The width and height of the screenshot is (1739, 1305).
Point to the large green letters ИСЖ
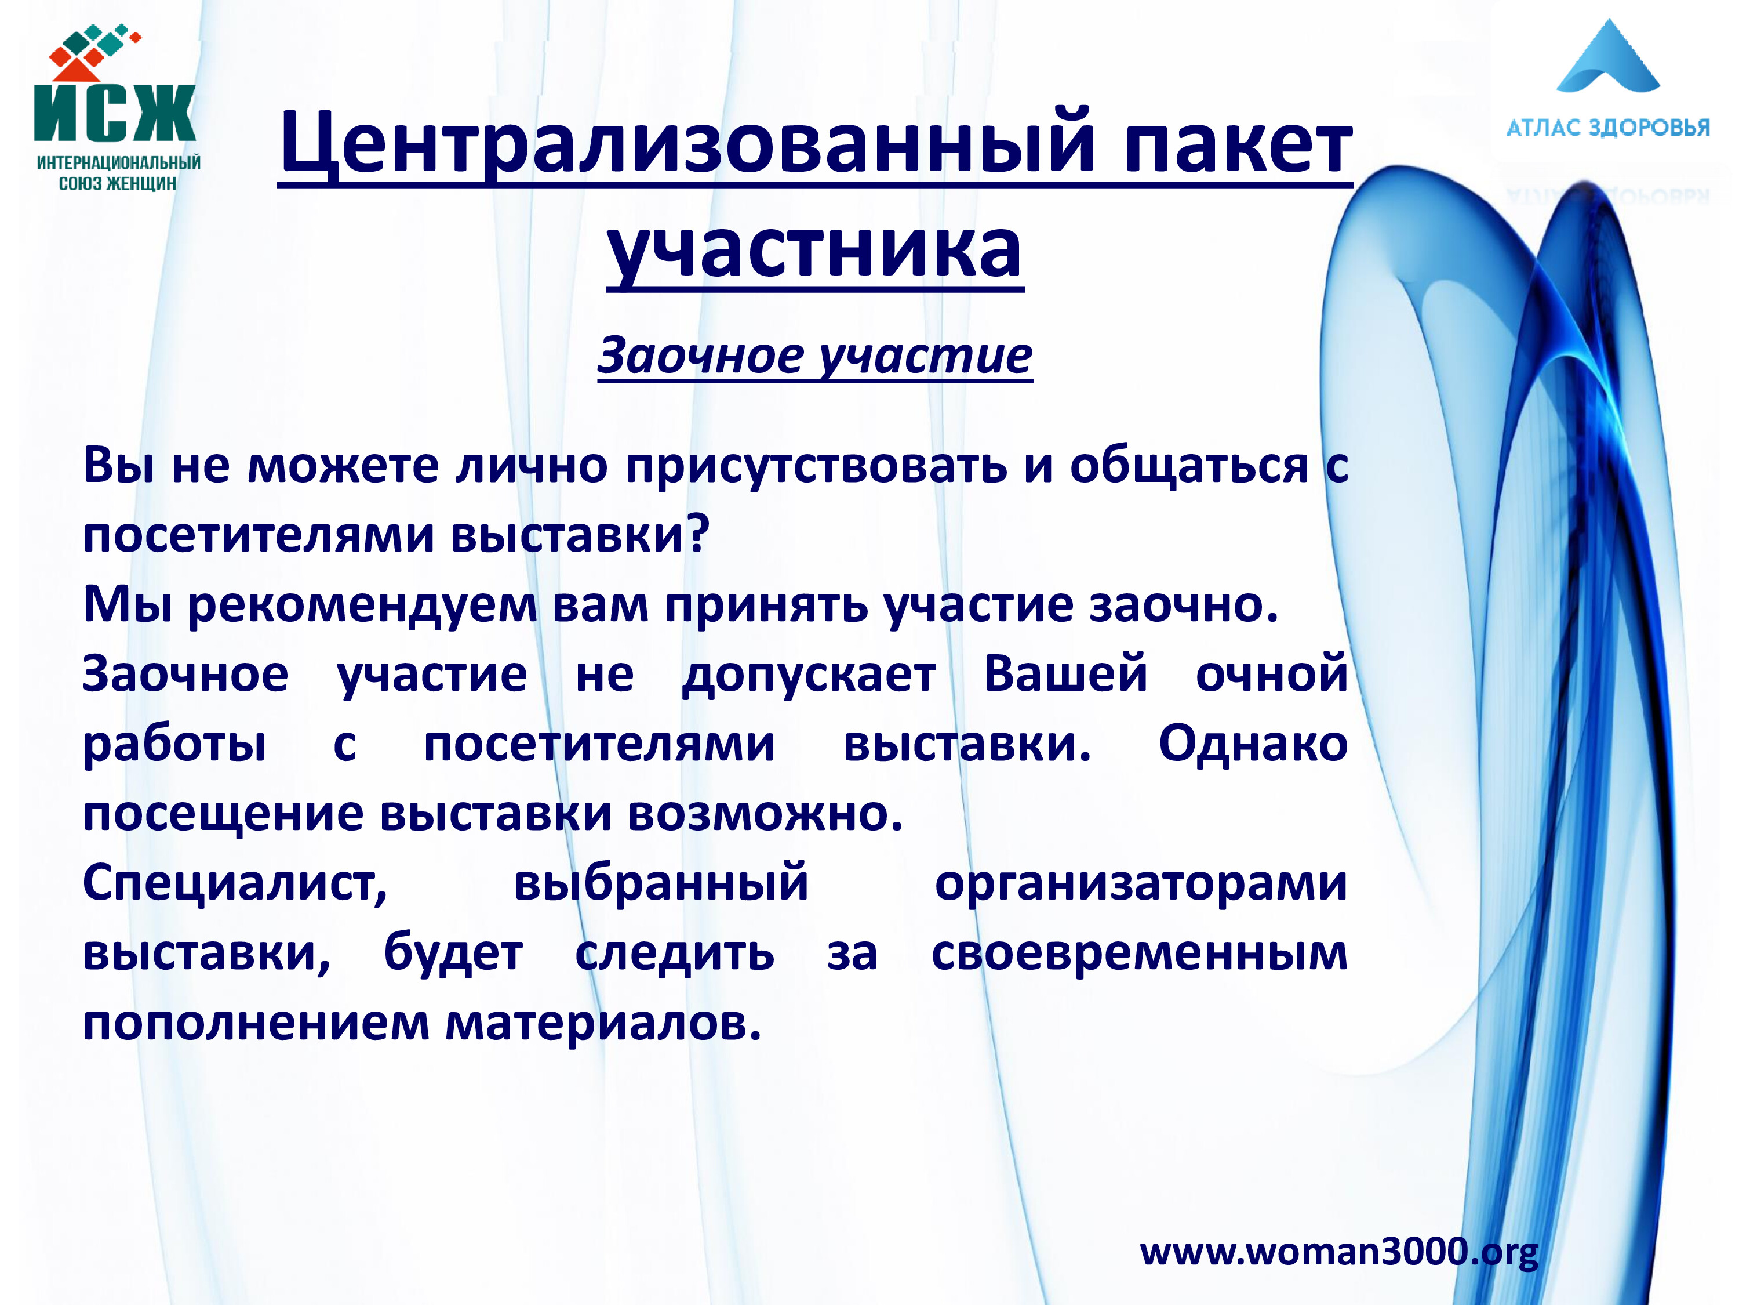tap(115, 113)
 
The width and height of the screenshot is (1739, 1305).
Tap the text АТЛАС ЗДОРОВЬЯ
tap(1608, 128)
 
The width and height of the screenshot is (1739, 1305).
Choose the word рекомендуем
tap(362, 606)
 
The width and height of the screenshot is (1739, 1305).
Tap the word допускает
tap(809, 676)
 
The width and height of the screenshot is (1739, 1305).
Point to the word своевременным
tap(1140, 954)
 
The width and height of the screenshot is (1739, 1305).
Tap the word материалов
tap(604, 1023)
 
